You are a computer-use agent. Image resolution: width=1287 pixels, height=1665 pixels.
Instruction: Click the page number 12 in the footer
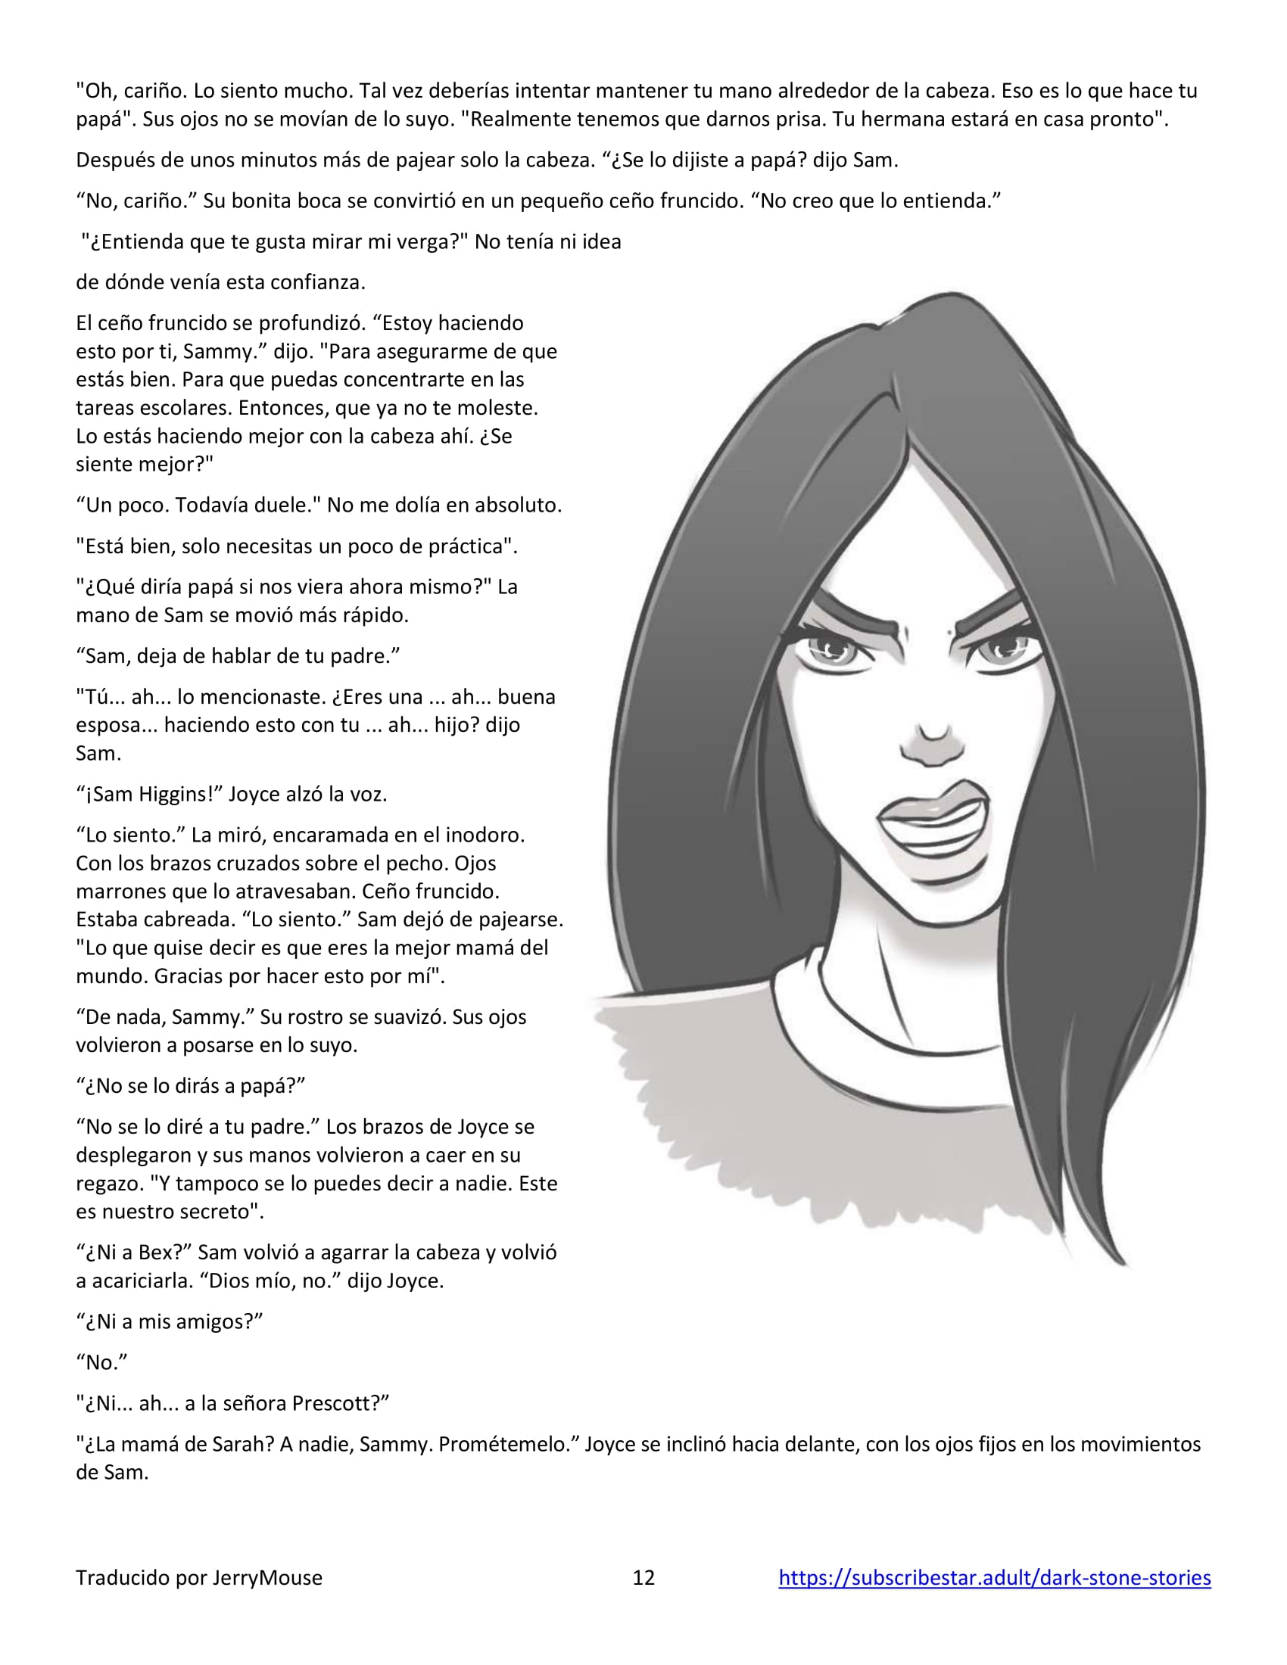(x=643, y=1577)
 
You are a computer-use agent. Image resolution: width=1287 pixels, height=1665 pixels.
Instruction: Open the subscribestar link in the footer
(x=994, y=1577)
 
